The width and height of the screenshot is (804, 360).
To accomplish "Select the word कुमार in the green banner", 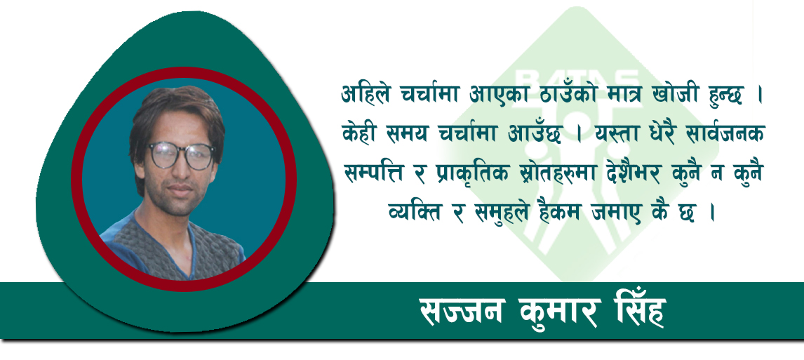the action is pyautogui.click(x=560, y=312).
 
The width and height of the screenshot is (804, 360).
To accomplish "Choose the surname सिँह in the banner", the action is pyautogui.click(x=638, y=311).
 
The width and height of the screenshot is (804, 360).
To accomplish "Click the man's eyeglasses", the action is pyautogui.click(x=182, y=155).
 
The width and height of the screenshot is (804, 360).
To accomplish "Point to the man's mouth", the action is pyautogui.click(x=182, y=189).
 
